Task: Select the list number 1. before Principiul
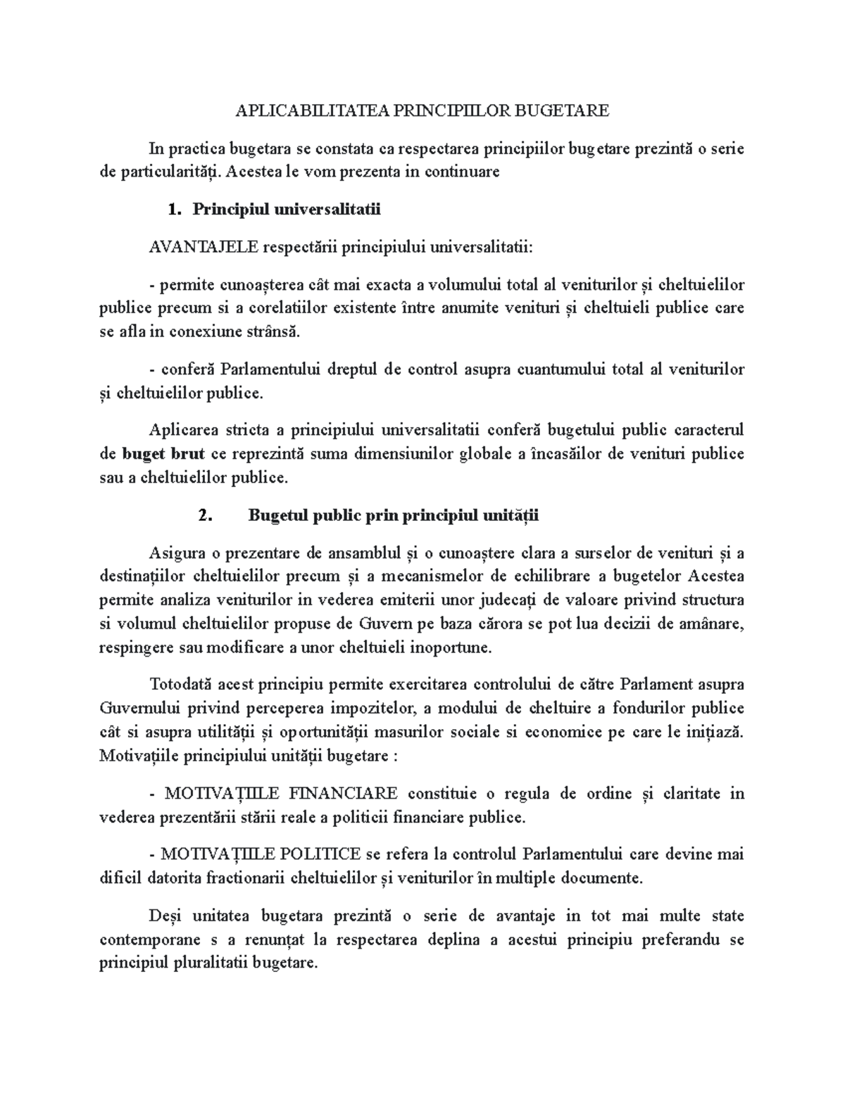click(x=175, y=209)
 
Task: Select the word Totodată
click(x=181, y=685)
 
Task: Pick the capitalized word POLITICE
click(x=322, y=855)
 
